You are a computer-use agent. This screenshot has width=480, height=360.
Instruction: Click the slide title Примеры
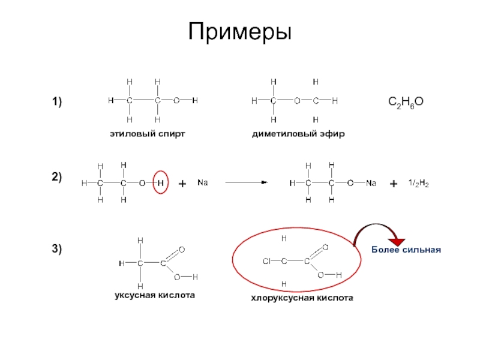(x=240, y=31)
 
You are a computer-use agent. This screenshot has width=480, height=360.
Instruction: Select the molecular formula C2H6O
(x=406, y=103)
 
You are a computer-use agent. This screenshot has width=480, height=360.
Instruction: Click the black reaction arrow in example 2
(x=246, y=182)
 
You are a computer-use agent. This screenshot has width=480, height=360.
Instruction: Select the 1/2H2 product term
(x=418, y=182)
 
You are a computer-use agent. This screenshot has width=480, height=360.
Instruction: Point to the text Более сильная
(x=406, y=249)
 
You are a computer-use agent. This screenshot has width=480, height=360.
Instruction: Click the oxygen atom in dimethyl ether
(x=296, y=101)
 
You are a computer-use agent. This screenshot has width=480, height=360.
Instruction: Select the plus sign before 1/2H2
(x=394, y=184)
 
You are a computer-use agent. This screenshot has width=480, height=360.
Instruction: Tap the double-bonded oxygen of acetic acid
(x=181, y=249)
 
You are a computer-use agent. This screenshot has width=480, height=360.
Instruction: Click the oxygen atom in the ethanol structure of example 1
(x=176, y=101)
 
